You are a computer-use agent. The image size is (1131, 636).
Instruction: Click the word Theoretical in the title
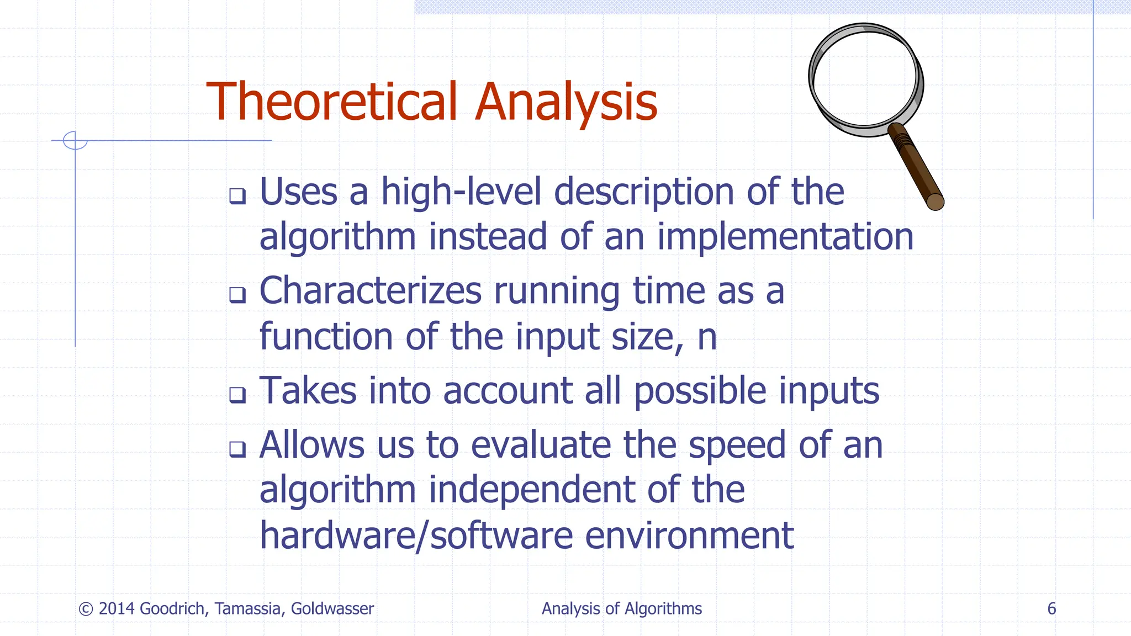click(x=331, y=102)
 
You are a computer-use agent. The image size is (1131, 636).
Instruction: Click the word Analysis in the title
click(x=566, y=102)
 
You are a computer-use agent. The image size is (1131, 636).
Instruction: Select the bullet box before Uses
click(x=237, y=196)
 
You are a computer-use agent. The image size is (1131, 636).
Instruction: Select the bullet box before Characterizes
click(x=237, y=295)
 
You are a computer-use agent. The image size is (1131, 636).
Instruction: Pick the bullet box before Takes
click(x=237, y=395)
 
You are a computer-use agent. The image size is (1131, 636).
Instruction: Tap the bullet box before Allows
click(x=237, y=449)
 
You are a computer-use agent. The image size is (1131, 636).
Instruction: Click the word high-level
click(x=461, y=192)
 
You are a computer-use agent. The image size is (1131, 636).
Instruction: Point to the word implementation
click(x=785, y=237)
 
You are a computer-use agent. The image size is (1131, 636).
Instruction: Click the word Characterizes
click(x=370, y=291)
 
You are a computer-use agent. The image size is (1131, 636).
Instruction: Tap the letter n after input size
click(x=707, y=338)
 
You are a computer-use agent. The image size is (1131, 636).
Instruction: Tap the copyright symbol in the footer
click(x=86, y=609)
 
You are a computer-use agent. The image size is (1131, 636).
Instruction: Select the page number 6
click(x=1051, y=609)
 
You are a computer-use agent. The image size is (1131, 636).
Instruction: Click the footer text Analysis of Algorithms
click(x=621, y=609)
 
